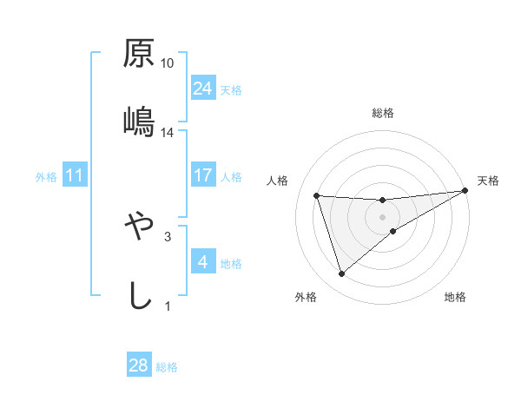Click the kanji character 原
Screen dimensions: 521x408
tap(139, 55)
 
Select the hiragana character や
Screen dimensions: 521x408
tap(139, 227)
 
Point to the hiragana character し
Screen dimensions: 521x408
tap(139, 294)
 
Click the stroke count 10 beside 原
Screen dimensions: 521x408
tap(168, 63)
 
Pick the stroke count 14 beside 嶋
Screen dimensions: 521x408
tap(168, 132)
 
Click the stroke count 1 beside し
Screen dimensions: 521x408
tap(168, 306)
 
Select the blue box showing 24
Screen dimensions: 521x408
tap(202, 89)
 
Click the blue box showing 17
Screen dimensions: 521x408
tap(202, 176)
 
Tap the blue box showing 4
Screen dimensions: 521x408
tap(202, 262)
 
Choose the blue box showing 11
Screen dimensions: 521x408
tap(75, 176)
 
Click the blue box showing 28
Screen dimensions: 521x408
tap(139, 365)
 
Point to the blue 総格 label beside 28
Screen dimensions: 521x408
tap(167, 367)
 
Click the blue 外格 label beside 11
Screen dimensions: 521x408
tap(46, 177)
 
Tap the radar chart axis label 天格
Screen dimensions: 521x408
tap(488, 181)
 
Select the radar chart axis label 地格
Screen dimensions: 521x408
tap(455, 298)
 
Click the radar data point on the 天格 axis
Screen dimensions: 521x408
tap(465, 191)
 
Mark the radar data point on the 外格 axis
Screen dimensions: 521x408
tap(341, 274)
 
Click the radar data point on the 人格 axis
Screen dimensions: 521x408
tap(317, 195)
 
